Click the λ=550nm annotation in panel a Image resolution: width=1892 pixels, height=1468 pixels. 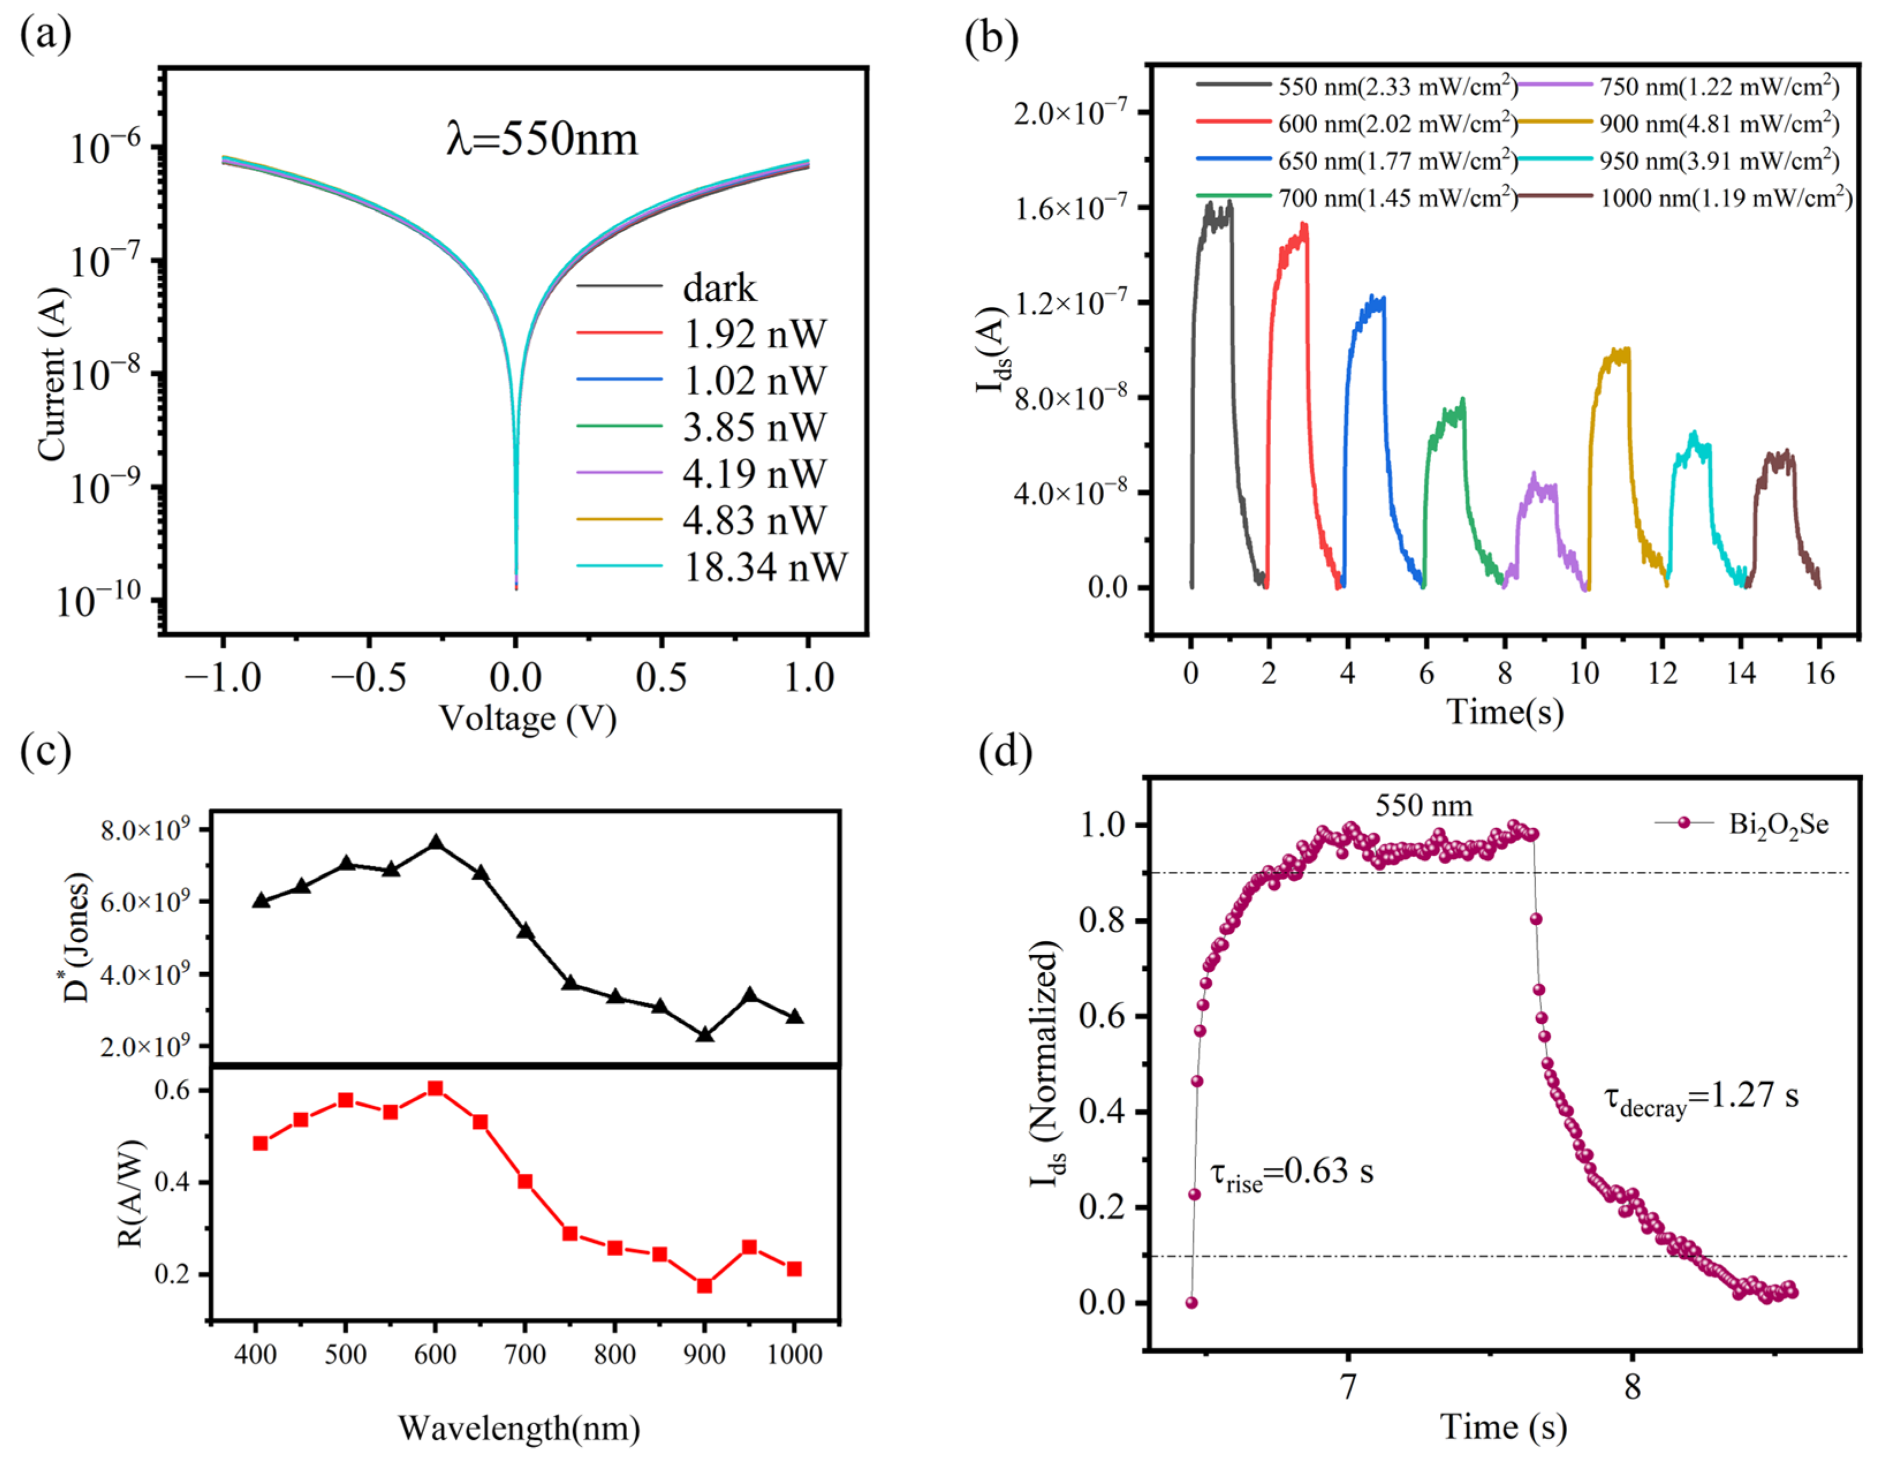point(541,139)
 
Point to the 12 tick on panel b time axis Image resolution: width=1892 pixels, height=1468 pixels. point(1662,673)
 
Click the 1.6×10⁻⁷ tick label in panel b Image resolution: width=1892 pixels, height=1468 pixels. point(1071,208)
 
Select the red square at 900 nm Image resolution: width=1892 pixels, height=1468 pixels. point(704,1285)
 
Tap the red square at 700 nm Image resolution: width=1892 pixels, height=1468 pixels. point(525,1181)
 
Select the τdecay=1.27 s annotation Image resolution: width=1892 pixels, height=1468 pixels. point(1701,1098)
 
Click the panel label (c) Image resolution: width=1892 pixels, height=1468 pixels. point(45,751)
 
